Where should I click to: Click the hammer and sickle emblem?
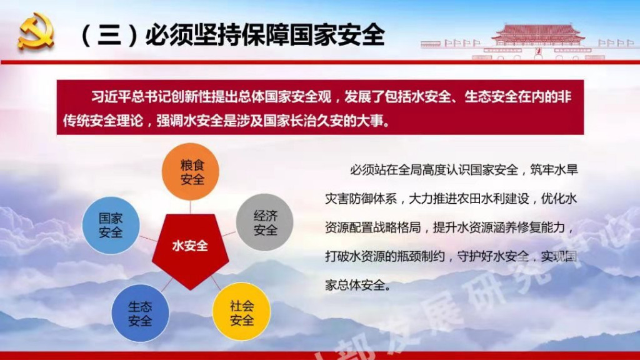pyautogui.click(x=36, y=32)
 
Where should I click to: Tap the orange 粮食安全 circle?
pyautogui.click(x=191, y=171)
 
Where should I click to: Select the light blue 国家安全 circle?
pyautogui.click(x=111, y=225)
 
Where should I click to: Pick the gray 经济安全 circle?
pyautogui.click(x=265, y=222)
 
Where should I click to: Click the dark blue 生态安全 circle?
pyautogui.click(x=141, y=313)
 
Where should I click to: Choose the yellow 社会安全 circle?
pyautogui.click(x=242, y=312)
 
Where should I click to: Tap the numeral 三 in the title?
pyautogui.click(x=109, y=35)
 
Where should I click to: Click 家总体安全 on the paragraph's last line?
pyautogui.click(x=355, y=285)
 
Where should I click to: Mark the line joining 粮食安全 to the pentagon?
pyautogui.click(x=190, y=207)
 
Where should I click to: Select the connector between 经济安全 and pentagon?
pyautogui.click(x=229, y=234)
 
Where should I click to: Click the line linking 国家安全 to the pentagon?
pyautogui.click(x=148, y=238)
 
